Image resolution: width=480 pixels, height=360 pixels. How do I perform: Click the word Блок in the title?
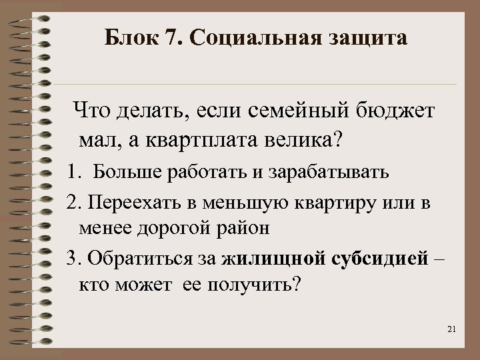pos(133,38)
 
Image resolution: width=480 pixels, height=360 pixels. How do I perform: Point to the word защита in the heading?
pos(369,39)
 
